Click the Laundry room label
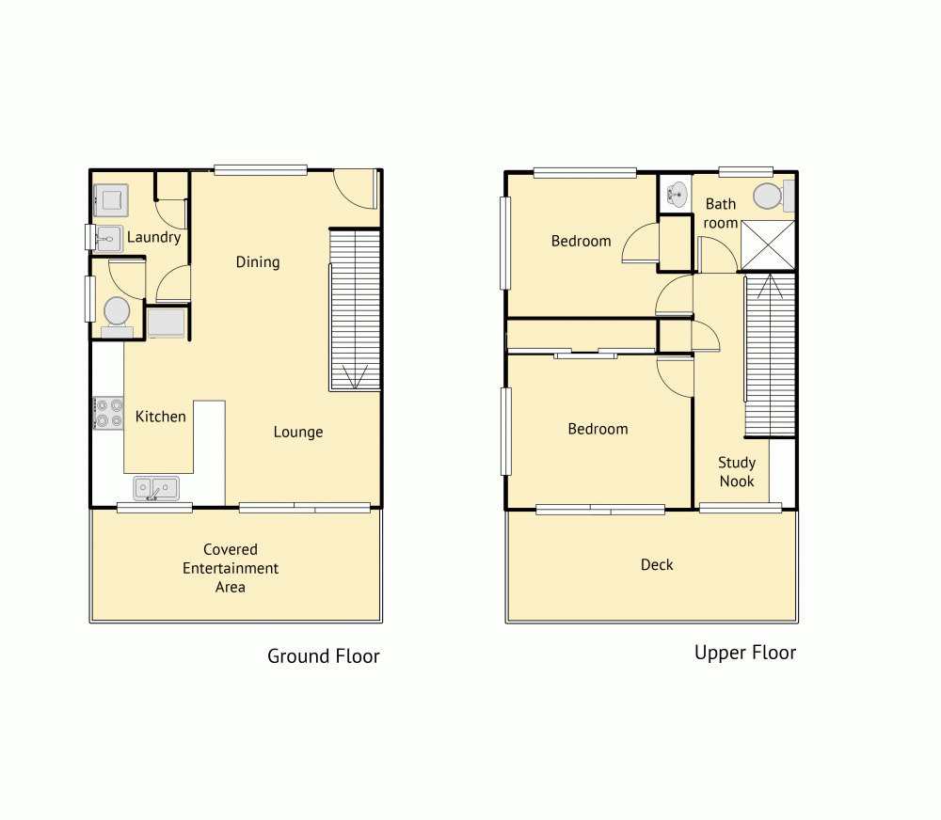click(153, 237)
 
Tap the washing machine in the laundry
click(111, 200)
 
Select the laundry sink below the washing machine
click(109, 238)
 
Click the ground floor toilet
click(117, 314)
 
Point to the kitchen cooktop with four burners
click(108, 414)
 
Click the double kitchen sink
click(156, 488)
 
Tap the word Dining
click(258, 261)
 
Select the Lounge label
click(298, 432)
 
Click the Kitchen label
click(161, 416)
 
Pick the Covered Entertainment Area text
click(231, 568)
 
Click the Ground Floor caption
click(324, 656)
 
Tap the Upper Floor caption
click(745, 653)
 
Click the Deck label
click(657, 564)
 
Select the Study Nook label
click(737, 471)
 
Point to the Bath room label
click(721, 213)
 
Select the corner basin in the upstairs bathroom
click(674, 195)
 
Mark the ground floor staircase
click(355, 310)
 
